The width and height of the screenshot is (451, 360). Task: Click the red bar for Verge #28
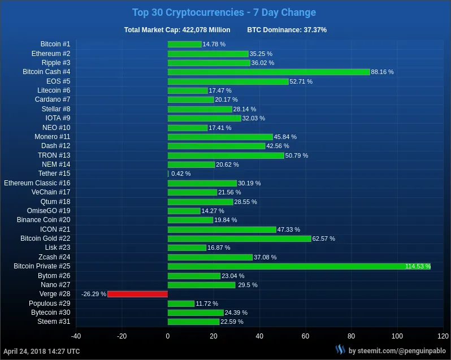coord(137,294)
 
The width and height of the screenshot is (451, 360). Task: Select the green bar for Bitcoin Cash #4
coord(268,72)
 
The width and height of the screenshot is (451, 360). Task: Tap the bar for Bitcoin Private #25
coord(299,266)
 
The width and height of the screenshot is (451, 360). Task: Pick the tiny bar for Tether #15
coord(168,174)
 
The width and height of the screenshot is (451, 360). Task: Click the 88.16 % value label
coord(382,72)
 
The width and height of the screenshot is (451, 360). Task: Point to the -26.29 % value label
coord(94,294)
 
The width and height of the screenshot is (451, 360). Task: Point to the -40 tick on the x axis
coord(76,336)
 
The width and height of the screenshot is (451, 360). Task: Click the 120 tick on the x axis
coord(443,336)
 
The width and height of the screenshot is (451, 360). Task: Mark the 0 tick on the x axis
coord(168,336)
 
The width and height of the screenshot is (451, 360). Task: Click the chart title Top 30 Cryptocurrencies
coord(224,12)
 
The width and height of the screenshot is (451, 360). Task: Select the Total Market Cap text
coord(177,29)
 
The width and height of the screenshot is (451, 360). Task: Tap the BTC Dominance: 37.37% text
coord(287,29)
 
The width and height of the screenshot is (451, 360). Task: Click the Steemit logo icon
coord(340,350)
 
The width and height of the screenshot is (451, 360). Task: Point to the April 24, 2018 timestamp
coord(42,351)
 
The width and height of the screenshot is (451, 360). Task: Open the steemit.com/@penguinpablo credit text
coord(398,351)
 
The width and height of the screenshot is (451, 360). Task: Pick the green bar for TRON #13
coord(225,155)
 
